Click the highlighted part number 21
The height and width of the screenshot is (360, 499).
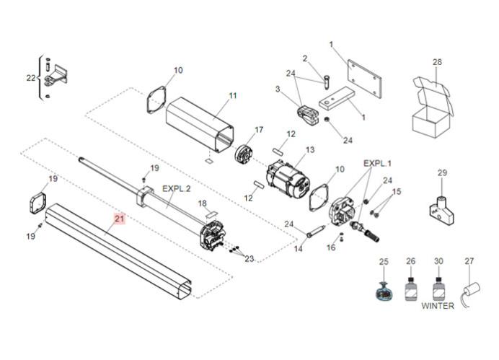[119, 219]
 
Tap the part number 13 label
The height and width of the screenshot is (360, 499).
[309, 149]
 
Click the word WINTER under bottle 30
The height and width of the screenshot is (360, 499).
[438, 306]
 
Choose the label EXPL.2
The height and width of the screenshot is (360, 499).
[176, 189]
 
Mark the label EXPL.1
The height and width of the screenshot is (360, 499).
[377, 164]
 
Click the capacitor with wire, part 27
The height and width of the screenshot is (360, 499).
[470, 293]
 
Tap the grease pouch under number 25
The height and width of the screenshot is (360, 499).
[384, 291]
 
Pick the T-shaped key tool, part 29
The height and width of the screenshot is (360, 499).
[441, 210]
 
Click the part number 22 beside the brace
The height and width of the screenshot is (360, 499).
[31, 78]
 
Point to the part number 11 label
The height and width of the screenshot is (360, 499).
[233, 95]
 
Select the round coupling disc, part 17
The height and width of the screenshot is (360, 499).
[244, 155]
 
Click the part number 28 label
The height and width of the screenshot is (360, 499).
[437, 62]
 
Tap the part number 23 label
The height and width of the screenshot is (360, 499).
[249, 259]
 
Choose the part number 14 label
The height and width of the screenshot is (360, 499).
[299, 248]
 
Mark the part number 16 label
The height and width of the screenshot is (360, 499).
[331, 247]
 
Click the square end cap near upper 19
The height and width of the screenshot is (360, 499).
[38, 203]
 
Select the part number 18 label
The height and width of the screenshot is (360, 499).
[203, 203]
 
